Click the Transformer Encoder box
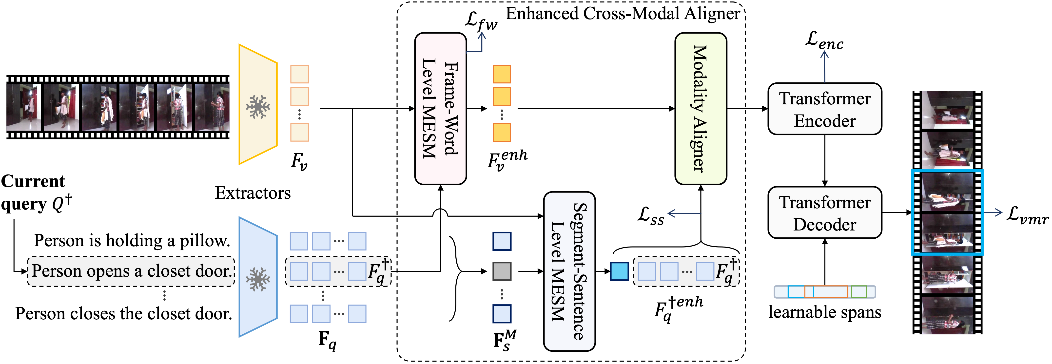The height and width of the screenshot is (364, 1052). tap(824, 109)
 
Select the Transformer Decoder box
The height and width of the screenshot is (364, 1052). tap(824, 213)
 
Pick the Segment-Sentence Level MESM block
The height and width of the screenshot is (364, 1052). tap(569, 271)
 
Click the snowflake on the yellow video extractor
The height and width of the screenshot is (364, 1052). tap(258, 107)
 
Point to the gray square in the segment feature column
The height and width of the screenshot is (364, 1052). tap(502, 271)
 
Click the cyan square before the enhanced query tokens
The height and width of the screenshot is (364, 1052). tap(619, 271)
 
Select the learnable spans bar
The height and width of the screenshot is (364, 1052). tap(824, 292)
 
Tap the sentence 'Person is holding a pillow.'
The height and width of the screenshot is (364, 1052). tap(132, 241)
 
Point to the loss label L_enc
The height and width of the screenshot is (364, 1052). tap(824, 41)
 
